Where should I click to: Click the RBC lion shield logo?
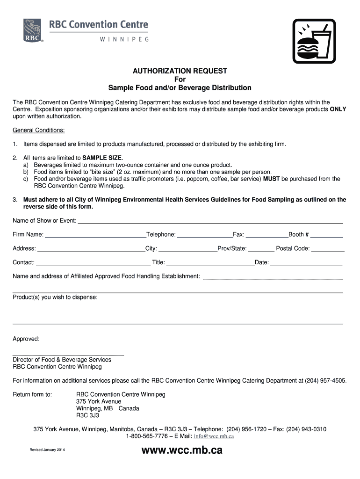pos(33,31)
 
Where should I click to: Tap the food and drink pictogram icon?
pos(314,41)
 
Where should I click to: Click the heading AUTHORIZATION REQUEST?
pos(180,71)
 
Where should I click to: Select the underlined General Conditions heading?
pos(39,130)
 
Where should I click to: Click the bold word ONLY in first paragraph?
pos(338,109)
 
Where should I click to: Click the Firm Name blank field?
pos(96,235)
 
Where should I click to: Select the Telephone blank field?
pos(205,235)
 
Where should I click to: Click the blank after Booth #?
pos(327,235)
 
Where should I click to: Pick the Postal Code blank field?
pos(328,249)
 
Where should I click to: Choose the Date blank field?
pos(306,263)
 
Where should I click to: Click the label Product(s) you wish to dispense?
pos(55,297)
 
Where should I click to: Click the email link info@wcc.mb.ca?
pos(214,436)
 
